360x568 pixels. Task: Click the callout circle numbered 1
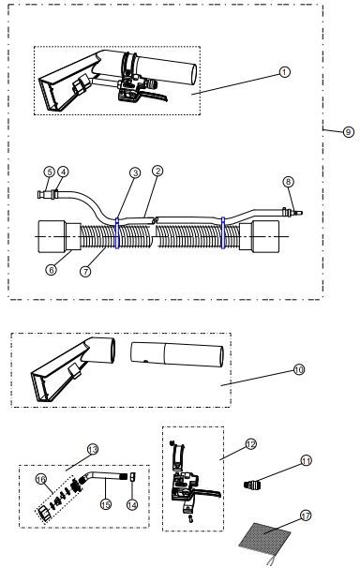tap(285, 72)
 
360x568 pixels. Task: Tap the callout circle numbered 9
tap(349, 132)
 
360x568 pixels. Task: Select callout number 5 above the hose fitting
tap(50, 172)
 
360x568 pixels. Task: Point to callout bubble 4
tap(63, 172)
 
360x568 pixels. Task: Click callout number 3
tap(135, 172)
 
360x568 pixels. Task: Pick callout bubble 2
tap(157, 171)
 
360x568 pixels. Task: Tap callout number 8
tap(289, 182)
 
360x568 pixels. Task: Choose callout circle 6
tap(51, 270)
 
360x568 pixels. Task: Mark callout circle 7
tap(85, 271)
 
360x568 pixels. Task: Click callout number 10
tap(299, 369)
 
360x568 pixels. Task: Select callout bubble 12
tap(250, 443)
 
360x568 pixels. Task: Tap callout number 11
tap(307, 460)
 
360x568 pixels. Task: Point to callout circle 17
tap(306, 516)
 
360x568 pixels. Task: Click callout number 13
tap(93, 450)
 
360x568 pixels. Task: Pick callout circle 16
tap(41, 479)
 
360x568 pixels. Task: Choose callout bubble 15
tap(106, 504)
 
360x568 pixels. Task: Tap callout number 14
tap(132, 504)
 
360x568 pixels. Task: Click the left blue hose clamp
tap(117, 233)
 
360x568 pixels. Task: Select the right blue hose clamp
tap(223, 233)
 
